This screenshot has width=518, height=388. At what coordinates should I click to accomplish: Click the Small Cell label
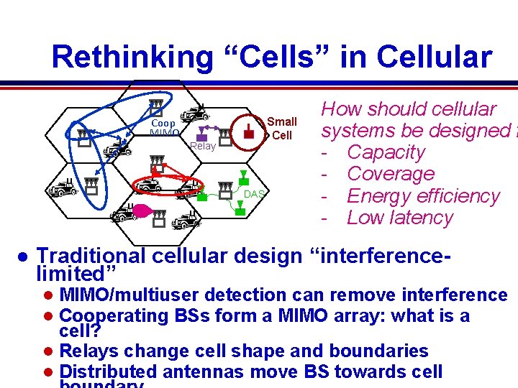pos(281,129)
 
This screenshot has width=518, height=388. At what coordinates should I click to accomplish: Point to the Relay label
pos(203,146)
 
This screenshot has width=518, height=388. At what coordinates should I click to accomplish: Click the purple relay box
pos(204,133)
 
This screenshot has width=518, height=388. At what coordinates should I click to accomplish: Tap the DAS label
pos(254,194)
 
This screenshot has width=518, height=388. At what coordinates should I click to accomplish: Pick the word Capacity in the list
pos(386,152)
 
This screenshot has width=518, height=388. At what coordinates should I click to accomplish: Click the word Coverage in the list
pos(391,174)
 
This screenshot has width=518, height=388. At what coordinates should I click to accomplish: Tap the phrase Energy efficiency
pos(423,195)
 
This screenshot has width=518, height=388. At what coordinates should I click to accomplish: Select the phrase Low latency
pos(400,218)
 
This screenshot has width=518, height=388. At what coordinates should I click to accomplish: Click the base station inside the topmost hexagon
pos(155,106)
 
